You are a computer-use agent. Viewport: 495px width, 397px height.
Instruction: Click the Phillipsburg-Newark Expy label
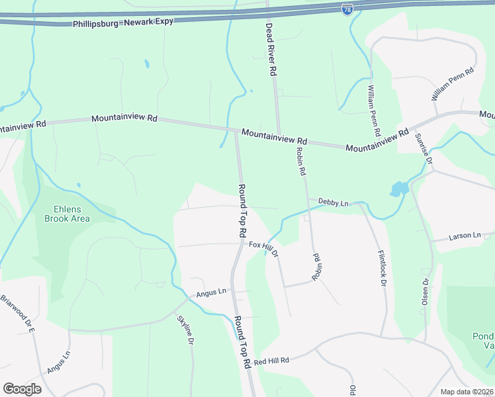pyautogui.click(x=122, y=22)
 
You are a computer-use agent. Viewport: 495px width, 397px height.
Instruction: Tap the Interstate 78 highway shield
pyautogui.click(x=348, y=8)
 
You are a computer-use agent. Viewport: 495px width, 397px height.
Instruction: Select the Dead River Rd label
pyautogui.click(x=270, y=49)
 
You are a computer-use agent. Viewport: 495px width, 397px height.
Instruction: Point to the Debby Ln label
pyautogui.click(x=333, y=202)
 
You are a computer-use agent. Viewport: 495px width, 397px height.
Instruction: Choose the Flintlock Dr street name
pyautogui.click(x=382, y=267)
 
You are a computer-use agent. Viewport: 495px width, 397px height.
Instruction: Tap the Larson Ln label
pyautogui.click(x=465, y=236)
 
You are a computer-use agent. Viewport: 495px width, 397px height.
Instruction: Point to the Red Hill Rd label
pyautogui.click(x=271, y=361)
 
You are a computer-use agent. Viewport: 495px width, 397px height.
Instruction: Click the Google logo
pyautogui.click(x=22, y=389)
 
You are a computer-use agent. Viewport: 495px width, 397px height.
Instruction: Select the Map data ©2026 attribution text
pyautogui.click(x=467, y=392)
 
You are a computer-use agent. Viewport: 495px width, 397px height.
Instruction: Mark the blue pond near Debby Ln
pyautogui.click(x=398, y=190)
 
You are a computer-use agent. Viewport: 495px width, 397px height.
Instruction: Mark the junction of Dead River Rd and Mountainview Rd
pyautogui.click(x=279, y=134)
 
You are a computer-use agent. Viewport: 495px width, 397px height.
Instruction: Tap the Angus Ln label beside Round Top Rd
pyautogui.click(x=211, y=292)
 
